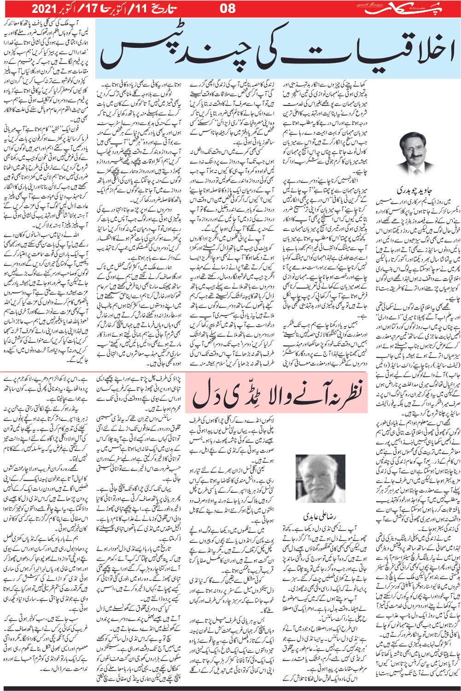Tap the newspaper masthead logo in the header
point(399,8)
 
